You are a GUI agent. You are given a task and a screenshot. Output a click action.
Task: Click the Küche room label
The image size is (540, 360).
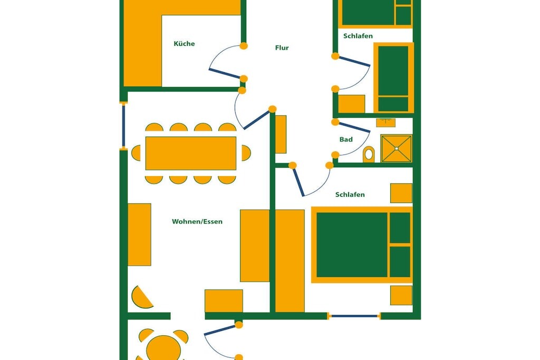(x=184, y=44)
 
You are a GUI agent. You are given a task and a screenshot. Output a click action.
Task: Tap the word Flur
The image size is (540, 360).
(x=282, y=48)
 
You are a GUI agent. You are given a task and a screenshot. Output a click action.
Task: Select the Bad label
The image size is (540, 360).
(x=346, y=139)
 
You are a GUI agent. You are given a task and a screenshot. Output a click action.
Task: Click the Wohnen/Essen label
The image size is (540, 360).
(x=197, y=221)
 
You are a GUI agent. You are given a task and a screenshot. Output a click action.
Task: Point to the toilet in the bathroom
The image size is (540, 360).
(x=369, y=154)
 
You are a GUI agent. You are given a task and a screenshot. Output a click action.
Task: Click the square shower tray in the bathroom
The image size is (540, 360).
(x=397, y=148)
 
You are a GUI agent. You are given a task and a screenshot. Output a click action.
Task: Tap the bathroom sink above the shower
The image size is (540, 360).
(x=385, y=122)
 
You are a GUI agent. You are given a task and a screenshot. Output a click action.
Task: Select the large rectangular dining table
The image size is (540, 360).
(x=191, y=153)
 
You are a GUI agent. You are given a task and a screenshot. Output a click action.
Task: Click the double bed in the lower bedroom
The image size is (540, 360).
(x=362, y=245)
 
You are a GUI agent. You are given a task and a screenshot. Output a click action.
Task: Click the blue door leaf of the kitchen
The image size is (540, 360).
(x=224, y=74)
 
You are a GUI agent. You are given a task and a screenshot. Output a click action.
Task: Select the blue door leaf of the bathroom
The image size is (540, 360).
(x=354, y=127)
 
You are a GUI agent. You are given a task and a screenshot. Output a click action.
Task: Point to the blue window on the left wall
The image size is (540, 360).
(x=123, y=126)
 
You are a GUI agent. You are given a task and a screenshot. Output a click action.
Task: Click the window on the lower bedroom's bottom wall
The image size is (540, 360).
(x=354, y=316)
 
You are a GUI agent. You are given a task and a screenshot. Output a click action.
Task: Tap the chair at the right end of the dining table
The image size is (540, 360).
(x=246, y=153)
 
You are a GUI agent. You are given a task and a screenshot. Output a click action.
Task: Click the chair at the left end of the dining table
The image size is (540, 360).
(x=136, y=153)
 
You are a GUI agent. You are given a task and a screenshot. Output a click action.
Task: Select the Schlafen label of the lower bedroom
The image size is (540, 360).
(x=350, y=194)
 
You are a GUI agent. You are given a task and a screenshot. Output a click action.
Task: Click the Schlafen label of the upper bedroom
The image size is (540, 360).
(x=358, y=36)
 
